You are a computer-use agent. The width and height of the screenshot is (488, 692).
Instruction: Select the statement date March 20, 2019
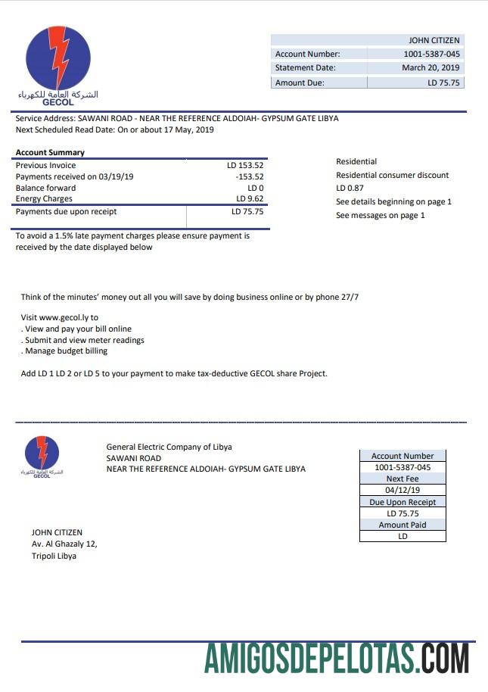[430, 67]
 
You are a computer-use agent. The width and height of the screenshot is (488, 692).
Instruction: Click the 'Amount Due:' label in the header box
[300, 83]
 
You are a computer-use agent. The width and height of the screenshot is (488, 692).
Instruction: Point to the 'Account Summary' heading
[51, 153]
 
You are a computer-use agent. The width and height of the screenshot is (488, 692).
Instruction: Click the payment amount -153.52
[249, 176]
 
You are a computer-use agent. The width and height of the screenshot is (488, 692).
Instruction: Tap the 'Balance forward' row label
[46, 188]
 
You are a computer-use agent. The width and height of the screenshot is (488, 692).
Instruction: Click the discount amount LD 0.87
[350, 188]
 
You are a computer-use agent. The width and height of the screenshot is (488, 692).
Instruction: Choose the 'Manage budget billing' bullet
[65, 351]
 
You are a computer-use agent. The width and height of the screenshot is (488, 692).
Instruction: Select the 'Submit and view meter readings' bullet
[83, 340]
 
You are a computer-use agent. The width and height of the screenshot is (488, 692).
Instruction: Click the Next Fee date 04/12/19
[403, 490]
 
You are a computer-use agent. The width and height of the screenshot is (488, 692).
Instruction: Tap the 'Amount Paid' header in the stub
[403, 525]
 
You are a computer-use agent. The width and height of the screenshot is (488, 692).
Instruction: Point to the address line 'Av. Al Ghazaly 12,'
[64, 544]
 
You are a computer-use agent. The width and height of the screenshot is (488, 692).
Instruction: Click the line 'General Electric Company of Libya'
[169, 447]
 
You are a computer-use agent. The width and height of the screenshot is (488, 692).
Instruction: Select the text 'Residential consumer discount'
[392, 175]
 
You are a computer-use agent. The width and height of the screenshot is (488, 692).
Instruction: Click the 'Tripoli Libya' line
[54, 556]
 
